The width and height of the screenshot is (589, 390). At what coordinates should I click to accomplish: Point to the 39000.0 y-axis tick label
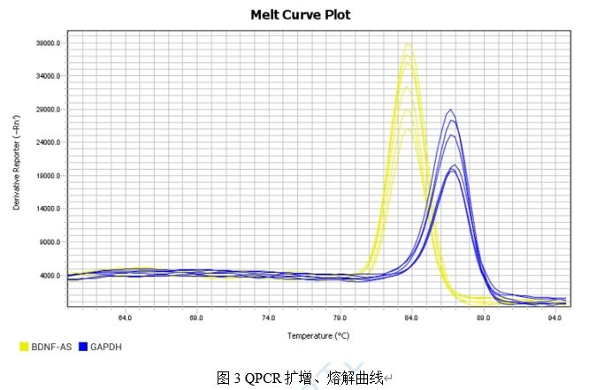[x=47, y=43]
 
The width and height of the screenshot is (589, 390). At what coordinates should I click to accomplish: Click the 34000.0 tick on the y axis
[x=47, y=76]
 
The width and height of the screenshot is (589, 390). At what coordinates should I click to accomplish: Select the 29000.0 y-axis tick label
[x=47, y=110]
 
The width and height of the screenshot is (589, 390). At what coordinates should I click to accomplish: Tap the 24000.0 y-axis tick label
[x=47, y=142]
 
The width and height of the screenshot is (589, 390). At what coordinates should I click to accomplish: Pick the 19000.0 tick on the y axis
[x=47, y=176]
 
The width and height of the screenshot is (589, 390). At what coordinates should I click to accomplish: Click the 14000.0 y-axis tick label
[x=47, y=209]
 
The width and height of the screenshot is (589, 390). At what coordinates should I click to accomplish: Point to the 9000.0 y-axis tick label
[x=49, y=242]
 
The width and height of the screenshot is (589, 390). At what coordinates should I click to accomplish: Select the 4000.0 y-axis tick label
[x=49, y=275]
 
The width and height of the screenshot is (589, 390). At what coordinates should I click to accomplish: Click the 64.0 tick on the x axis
[x=125, y=317]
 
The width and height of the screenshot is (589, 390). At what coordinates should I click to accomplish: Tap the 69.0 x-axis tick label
[x=196, y=317]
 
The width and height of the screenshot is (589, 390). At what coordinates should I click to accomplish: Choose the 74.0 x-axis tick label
[x=268, y=317]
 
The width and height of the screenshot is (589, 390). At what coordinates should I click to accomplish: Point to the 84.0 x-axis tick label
[x=411, y=317]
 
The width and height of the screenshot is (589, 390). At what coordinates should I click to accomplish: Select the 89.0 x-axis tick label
[x=483, y=317]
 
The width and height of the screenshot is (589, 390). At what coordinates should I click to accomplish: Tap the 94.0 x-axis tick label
[x=555, y=317]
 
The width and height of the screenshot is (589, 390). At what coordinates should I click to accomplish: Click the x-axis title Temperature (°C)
[x=317, y=336]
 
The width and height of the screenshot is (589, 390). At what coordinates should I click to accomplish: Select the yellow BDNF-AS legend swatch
[x=24, y=347]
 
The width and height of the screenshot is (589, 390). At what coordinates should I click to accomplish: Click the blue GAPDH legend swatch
[x=83, y=347]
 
